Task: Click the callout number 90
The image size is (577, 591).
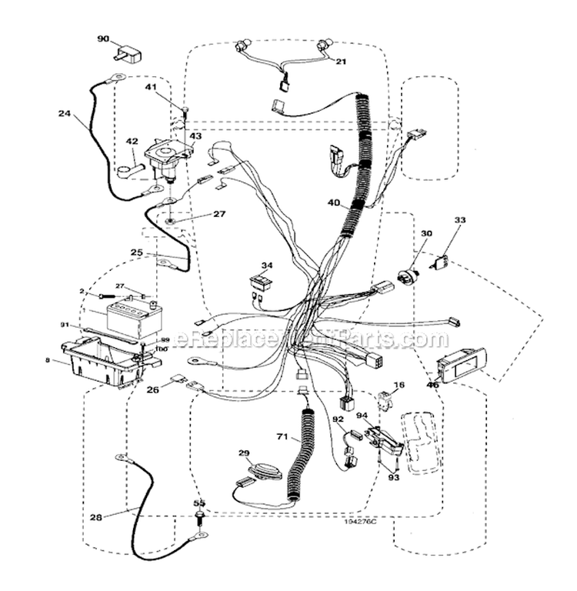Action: [x=103, y=37]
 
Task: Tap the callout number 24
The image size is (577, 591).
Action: [x=64, y=114]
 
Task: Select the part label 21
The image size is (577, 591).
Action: [x=341, y=62]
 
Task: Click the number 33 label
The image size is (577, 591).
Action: [x=459, y=221]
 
